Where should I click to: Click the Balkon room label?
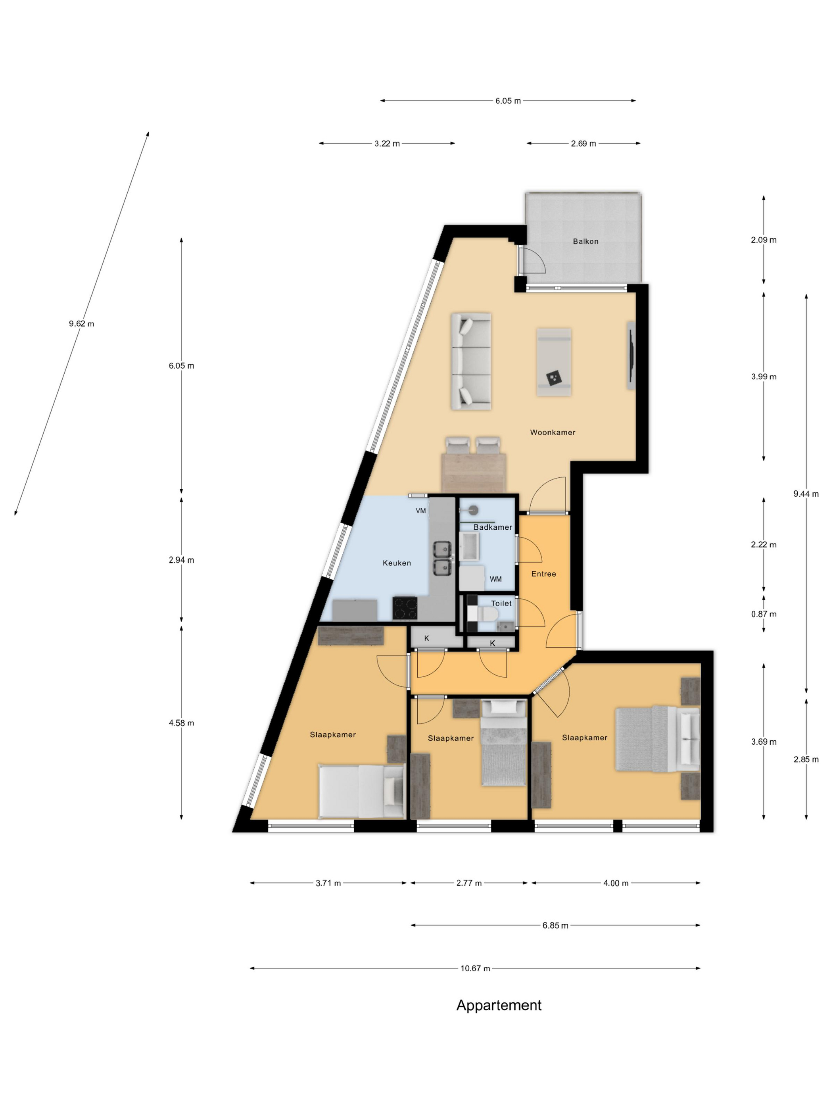click(585, 241)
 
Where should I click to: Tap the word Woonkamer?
click(552, 432)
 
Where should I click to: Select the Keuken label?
click(397, 563)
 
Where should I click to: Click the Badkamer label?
click(493, 527)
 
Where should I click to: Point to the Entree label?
click(543, 574)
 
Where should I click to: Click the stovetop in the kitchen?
click(405, 608)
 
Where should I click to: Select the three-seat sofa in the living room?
click(470, 361)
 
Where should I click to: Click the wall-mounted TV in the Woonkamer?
click(631, 356)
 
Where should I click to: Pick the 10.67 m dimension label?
click(475, 968)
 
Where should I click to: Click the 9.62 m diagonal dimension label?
click(81, 323)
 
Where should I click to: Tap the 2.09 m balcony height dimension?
click(763, 240)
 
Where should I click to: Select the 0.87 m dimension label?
click(763, 614)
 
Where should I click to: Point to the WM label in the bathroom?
click(495, 579)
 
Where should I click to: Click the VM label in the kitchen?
click(421, 511)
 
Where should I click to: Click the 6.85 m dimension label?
click(555, 925)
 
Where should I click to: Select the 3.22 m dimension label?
click(387, 143)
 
